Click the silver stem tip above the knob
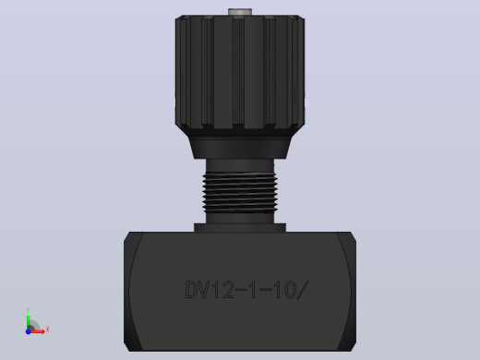click(x=240, y=12)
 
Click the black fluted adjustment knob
click(x=240, y=72)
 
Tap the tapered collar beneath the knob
click(x=240, y=147)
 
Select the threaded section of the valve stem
click(x=240, y=193)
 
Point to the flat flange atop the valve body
click(x=240, y=228)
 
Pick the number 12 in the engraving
click(x=223, y=290)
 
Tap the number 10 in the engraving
click(x=284, y=290)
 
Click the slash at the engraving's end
click(x=303, y=290)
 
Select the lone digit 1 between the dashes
click(x=253, y=290)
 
